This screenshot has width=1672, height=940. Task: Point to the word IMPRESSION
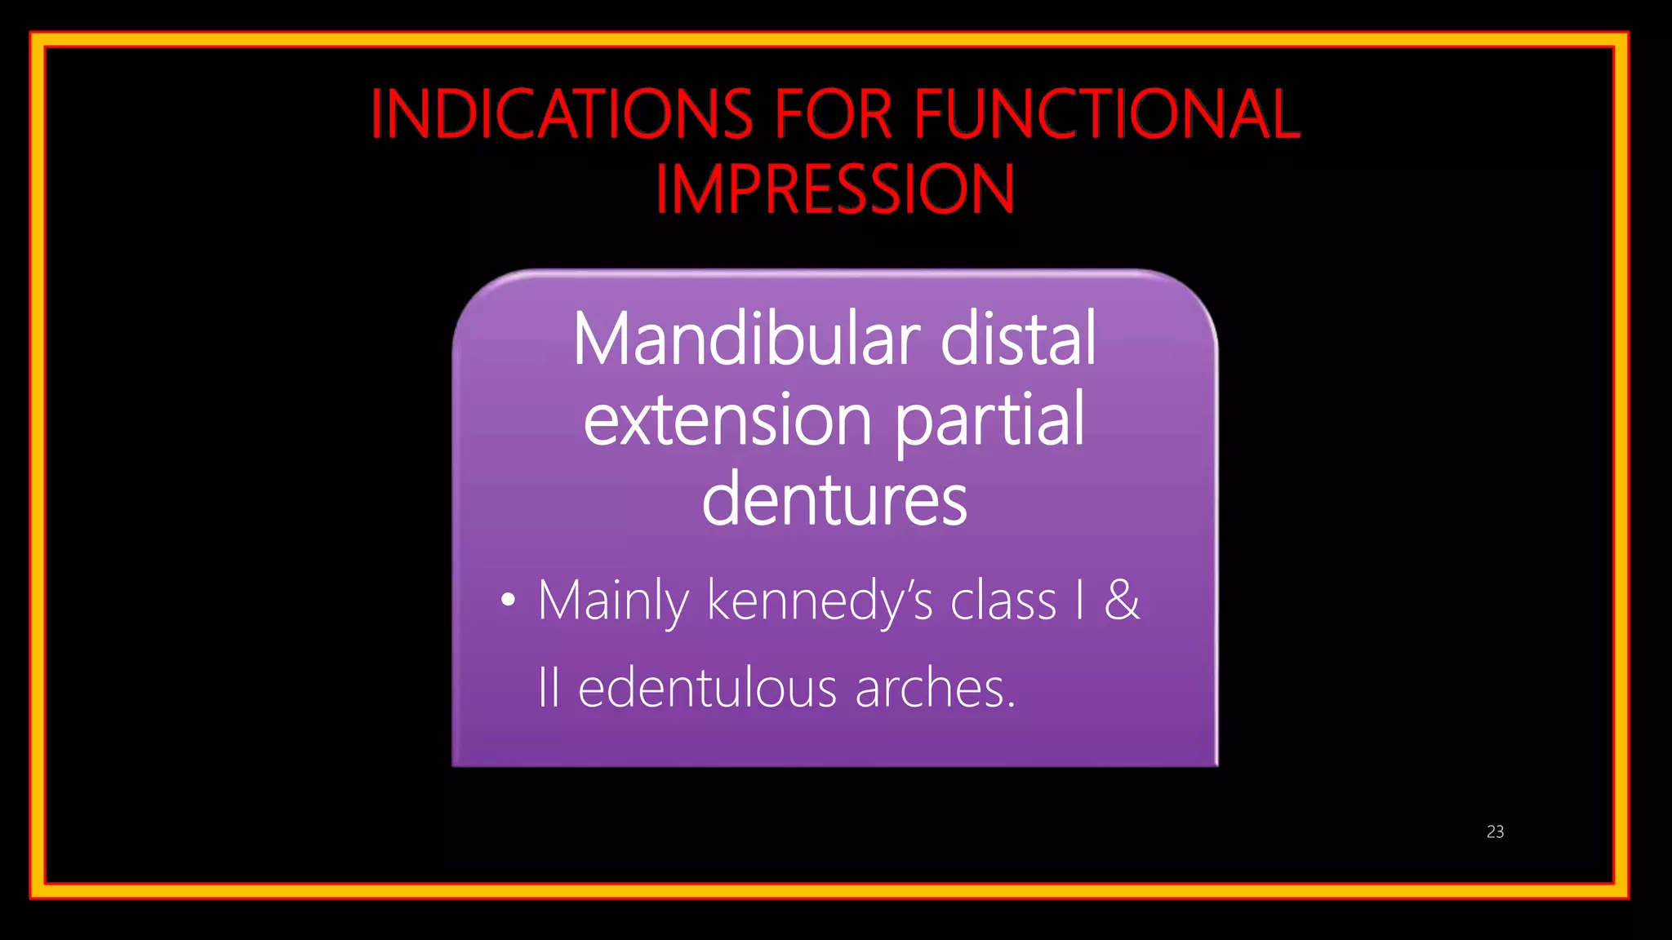point(834,189)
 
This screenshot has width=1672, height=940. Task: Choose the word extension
point(728,421)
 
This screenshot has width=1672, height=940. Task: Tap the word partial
point(990,421)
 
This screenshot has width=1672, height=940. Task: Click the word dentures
point(834,499)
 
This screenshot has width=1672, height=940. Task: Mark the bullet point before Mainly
point(508,601)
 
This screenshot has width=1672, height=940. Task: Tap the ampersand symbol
point(1122,601)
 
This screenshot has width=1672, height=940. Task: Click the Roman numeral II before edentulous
point(549,688)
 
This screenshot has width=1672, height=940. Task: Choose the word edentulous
point(707,688)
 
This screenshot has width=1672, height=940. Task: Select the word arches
point(934,688)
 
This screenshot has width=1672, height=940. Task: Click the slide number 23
point(1495,831)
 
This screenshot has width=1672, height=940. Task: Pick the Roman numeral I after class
point(1080,601)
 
